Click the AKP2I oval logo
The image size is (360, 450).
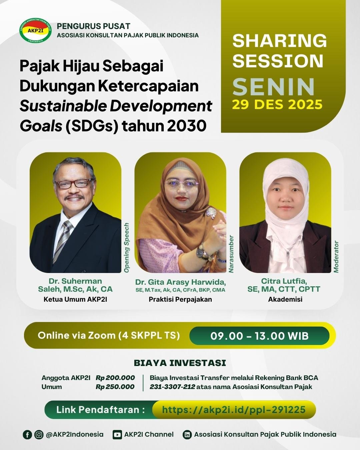click(35, 31)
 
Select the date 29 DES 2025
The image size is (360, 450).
click(277, 105)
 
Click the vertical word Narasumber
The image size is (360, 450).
click(231, 254)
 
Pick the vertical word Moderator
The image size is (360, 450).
click(336, 257)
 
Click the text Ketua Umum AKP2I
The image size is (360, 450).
click(75, 299)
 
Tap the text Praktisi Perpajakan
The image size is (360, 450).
click(180, 299)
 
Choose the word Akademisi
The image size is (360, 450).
click(285, 299)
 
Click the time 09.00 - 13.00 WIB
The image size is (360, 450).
click(259, 336)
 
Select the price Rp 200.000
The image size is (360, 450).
click(115, 378)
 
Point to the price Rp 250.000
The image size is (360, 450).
click(115, 387)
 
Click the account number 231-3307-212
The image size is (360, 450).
click(172, 387)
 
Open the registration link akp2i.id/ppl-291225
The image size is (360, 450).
click(234, 409)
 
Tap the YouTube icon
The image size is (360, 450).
click(117, 434)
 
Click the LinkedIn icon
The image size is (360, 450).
click(188, 434)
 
